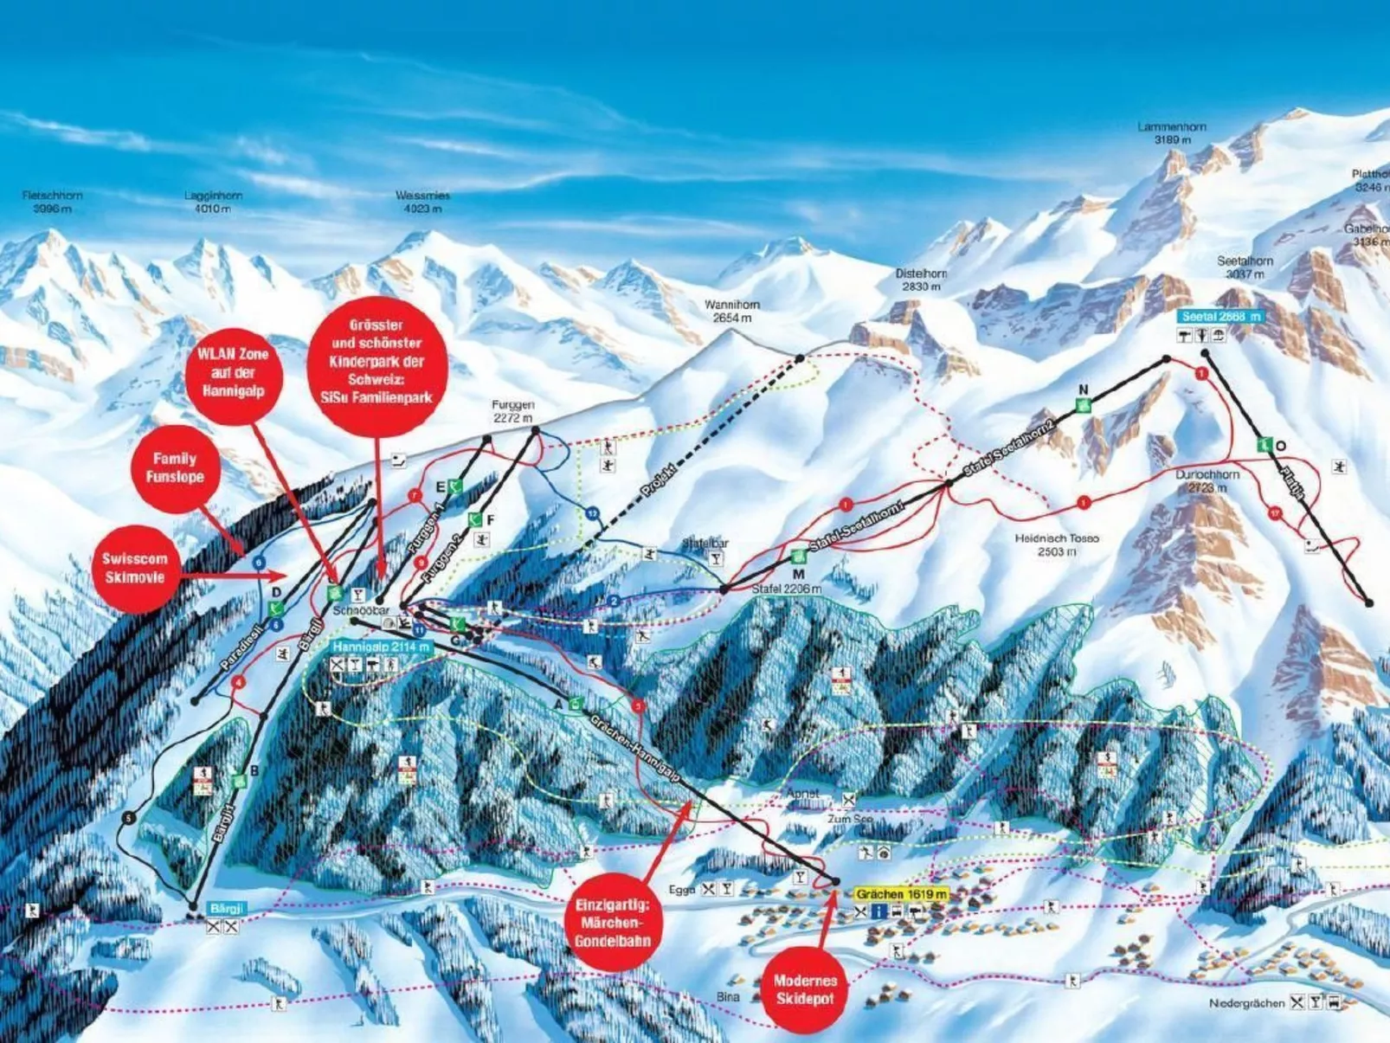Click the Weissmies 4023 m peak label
pyautogui.click(x=422, y=202)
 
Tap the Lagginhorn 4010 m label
pyautogui.click(x=213, y=202)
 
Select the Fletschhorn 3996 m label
pyautogui.click(x=52, y=202)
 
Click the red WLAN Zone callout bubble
pyautogui.click(x=233, y=373)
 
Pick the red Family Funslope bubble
pyautogui.click(x=175, y=467)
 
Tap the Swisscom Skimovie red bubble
pyautogui.click(x=135, y=568)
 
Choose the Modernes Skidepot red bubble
pyautogui.click(x=805, y=989)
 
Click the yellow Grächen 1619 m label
pyautogui.click(x=901, y=894)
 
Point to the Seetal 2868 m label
pyautogui.click(x=1220, y=317)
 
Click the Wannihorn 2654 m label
pyautogui.click(x=731, y=311)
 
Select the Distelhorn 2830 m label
pyautogui.click(x=921, y=279)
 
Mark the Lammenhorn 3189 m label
pyautogui.click(x=1172, y=132)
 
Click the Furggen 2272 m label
pyautogui.click(x=513, y=410)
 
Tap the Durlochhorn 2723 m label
pyautogui.click(x=1207, y=481)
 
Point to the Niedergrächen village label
pyautogui.click(x=1246, y=1003)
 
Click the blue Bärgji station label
pyautogui.click(x=228, y=909)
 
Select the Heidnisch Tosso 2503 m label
pyautogui.click(x=1057, y=544)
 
